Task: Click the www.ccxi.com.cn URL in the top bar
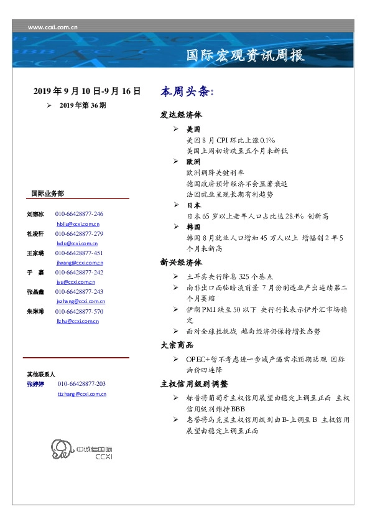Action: pyautogui.click(x=53, y=27)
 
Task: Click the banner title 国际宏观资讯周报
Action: pyautogui.click(x=246, y=56)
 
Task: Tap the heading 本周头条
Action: pyautogui.click(x=187, y=92)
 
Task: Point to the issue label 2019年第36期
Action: pyautogui.click(x=83, y=106)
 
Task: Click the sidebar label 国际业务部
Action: pyautogui.click(x=47, y=194)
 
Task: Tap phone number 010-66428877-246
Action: pyautogui.click(x=79, y=213)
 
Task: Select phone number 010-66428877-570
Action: pyautogui.click(x=79, y=311)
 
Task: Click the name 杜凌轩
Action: pyautogui.click(x=35, y=233)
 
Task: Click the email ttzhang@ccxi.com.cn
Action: pyautogui.click(x=81, y=394)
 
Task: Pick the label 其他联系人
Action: pyautogui.click(x=41, y=375)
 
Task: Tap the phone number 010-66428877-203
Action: pyautogui.click(x=82, y=384)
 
